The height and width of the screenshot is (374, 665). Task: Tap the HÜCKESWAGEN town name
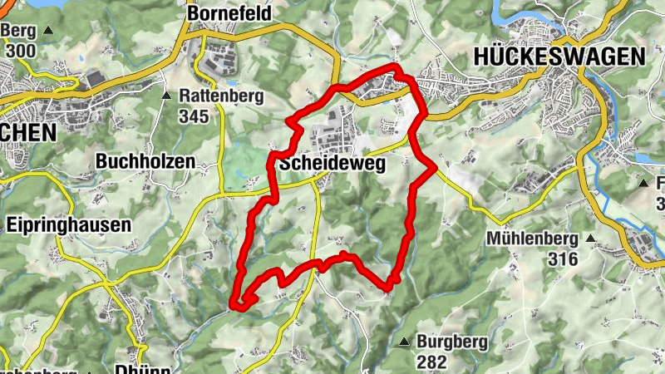click(559, 56)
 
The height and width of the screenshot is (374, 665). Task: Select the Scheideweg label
click(332, 165)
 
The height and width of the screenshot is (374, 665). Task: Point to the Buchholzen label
click(145, 161)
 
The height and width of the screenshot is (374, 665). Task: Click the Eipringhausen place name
click(68, 224)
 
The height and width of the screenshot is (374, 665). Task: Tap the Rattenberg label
click(221, 96)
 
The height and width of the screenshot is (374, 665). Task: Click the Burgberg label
click(450, 342)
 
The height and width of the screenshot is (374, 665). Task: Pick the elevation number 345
click(193, 116)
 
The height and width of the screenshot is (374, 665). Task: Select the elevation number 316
click(563, 259)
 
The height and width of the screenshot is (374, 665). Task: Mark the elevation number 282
click(432, 362)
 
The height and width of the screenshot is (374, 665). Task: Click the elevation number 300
click(20, 50)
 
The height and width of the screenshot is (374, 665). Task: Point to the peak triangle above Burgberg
click(405, 342)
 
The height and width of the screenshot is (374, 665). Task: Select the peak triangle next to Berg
click(47, 31)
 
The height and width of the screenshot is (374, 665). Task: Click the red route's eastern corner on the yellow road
click(435, 169)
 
